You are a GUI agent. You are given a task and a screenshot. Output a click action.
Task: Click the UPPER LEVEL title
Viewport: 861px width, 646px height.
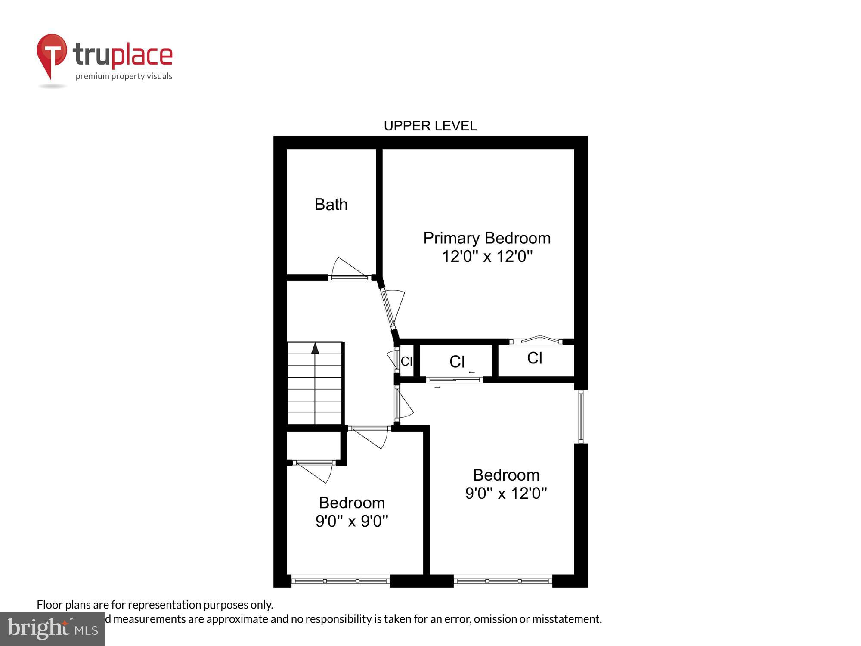[x=430, y=126]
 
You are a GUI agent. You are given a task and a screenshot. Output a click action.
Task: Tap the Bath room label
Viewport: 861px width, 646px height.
[x=331, y=205]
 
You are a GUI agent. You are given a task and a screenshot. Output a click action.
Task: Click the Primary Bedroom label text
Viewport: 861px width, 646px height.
[x=486, y=238]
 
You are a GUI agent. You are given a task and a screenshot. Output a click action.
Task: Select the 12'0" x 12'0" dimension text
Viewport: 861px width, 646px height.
[x=487, y=257]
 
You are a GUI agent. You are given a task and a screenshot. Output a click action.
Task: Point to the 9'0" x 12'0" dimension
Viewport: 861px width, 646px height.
[x=506, y=493]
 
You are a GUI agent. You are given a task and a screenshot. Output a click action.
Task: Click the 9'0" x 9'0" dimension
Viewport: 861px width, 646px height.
[x=352, y=521]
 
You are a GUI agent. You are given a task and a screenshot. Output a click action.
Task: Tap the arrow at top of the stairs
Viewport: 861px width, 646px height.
[x=315, y=348]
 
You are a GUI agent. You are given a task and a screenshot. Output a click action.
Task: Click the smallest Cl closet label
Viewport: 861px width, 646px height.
[x=406, y=361]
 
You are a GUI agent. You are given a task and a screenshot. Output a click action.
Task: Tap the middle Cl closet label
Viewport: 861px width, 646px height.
[x=457, y=362]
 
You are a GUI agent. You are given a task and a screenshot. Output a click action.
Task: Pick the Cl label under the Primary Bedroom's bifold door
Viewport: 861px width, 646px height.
[x=534, y=358]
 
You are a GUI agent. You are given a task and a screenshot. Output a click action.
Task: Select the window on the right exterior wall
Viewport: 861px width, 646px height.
[x=580, y=416]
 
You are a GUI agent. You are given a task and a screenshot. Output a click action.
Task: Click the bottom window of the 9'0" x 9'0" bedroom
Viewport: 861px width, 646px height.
[x=341, y=581]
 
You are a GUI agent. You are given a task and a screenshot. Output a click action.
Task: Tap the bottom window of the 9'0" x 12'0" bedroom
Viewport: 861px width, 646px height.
[x=503, y=581]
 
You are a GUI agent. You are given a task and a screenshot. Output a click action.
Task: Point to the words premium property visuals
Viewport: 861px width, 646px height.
[x=124, y=77]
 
